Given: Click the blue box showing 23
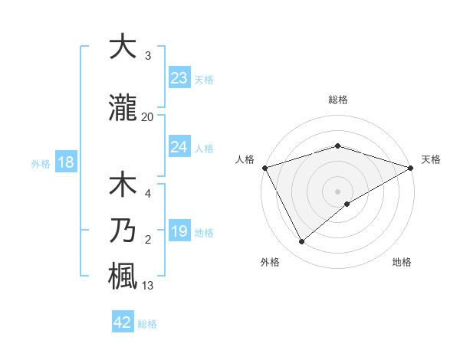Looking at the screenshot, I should (x=179, y=78).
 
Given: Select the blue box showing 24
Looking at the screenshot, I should (x=179, y=147).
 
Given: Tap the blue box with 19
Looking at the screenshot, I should (x=179, y=231).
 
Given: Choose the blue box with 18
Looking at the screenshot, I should (x=65, y=162).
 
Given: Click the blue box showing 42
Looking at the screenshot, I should (x=123, y=322).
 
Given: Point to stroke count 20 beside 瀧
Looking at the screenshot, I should (x=148, y=116).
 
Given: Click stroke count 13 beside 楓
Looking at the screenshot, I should (x=148, y=286).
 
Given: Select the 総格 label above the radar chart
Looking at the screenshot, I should (x=337, y=100).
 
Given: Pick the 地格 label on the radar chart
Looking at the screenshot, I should (x=402, y=262).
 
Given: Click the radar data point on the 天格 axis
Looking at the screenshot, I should (x=411, y=168).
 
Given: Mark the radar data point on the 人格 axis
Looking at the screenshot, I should (x=264, y=168).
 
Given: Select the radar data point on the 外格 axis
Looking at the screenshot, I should (x=301, y=242).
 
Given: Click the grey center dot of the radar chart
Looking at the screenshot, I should (x=337, y=191).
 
